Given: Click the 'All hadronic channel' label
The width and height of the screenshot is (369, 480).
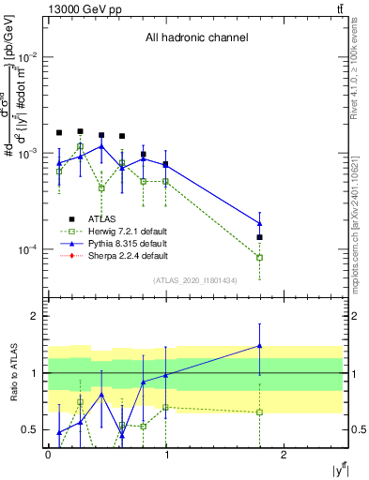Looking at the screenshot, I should coord(196,38).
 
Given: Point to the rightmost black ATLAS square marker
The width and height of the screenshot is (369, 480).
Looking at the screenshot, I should coord(259,237).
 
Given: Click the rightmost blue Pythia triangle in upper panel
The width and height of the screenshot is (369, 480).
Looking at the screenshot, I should coord(259,223).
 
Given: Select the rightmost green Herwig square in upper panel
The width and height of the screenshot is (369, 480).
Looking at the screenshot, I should coord(259,257).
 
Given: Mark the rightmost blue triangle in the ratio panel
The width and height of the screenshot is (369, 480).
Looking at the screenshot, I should coord(259,346).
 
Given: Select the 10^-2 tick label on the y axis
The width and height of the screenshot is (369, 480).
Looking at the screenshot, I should coord(28,56).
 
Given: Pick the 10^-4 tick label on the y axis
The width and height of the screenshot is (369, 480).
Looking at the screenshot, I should coord(28,249).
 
